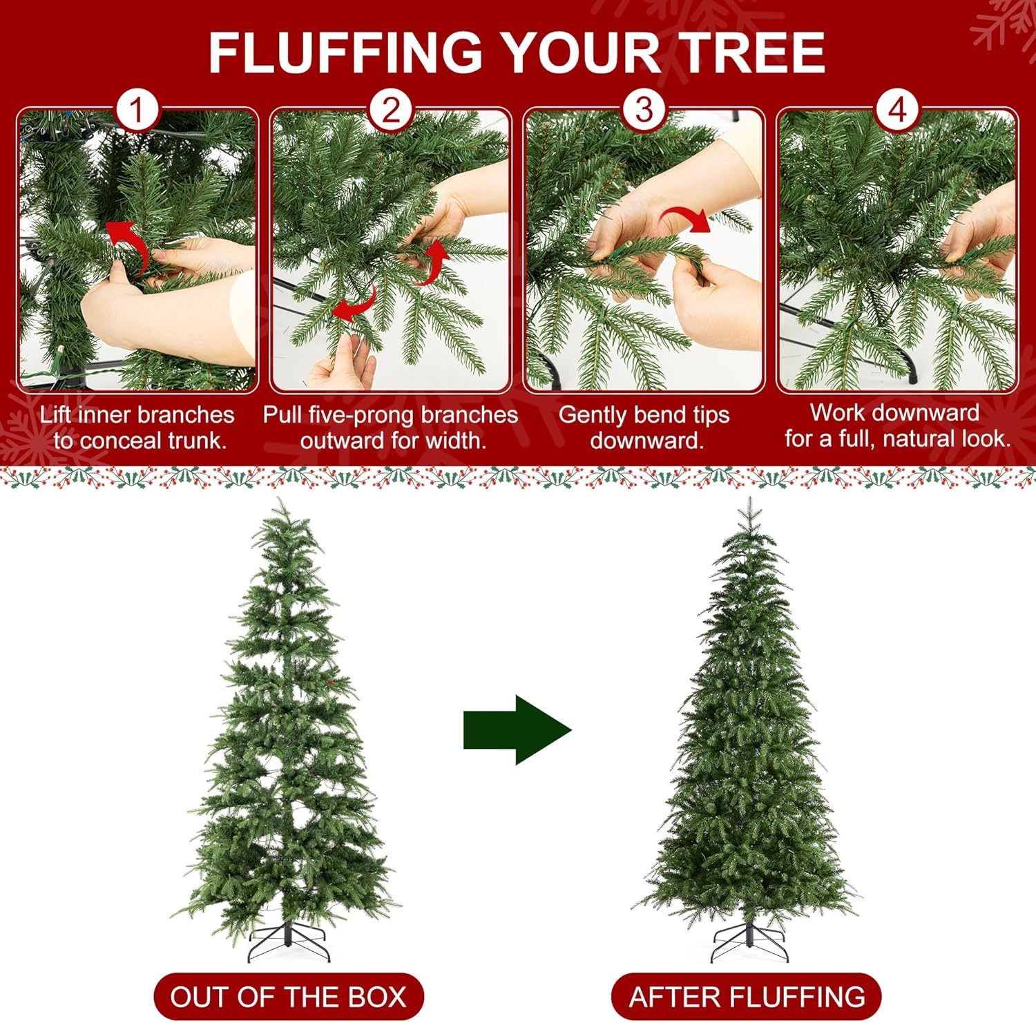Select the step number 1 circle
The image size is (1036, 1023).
tap(137, 110)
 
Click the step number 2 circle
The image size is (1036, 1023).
tap(391, 110)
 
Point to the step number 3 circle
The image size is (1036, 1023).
tap(644, 110)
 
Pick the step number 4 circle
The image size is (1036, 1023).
tap(897, 110)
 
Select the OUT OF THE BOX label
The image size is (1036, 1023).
tap(288, 997)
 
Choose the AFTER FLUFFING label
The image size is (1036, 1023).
tap(747, 997)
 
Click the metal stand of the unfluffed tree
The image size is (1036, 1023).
tap(289, 941)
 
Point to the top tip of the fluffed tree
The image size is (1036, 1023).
tap(750, 497)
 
